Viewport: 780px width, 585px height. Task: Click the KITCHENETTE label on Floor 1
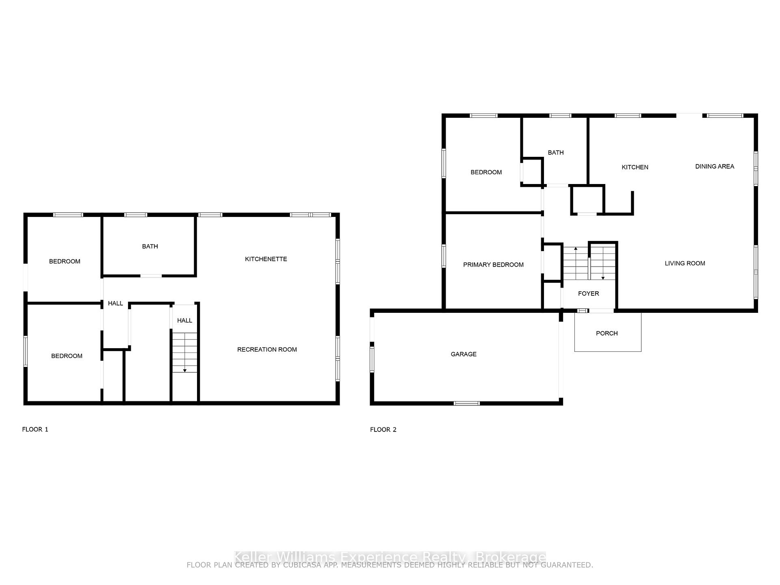(266, 259)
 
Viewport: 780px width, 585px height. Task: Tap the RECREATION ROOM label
(267, 350)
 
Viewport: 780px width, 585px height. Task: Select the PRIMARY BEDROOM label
(493, 265)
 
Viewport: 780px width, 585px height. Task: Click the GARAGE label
(464, 354)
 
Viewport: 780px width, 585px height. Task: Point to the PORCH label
(607, 334)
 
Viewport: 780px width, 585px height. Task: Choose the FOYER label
(588, 294)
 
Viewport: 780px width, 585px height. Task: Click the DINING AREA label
(715, 167)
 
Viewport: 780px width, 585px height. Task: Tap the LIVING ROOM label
(685, 264)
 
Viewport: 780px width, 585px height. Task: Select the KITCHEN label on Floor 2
(635, 167)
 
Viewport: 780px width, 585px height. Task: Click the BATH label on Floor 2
(555, 153)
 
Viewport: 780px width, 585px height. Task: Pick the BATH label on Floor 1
(150, 247)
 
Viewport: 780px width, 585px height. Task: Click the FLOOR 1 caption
(35, 429)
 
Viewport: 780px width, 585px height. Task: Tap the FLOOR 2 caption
(383, 430)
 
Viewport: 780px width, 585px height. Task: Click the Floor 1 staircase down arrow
(185, 370)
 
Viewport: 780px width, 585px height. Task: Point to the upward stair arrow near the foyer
(576, 248)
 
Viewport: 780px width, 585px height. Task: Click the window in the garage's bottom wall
(466, 403)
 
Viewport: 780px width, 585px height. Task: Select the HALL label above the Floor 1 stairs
(184, 321)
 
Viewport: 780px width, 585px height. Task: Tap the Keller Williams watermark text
(390, 557)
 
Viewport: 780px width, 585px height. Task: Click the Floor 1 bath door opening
(151, 276)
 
